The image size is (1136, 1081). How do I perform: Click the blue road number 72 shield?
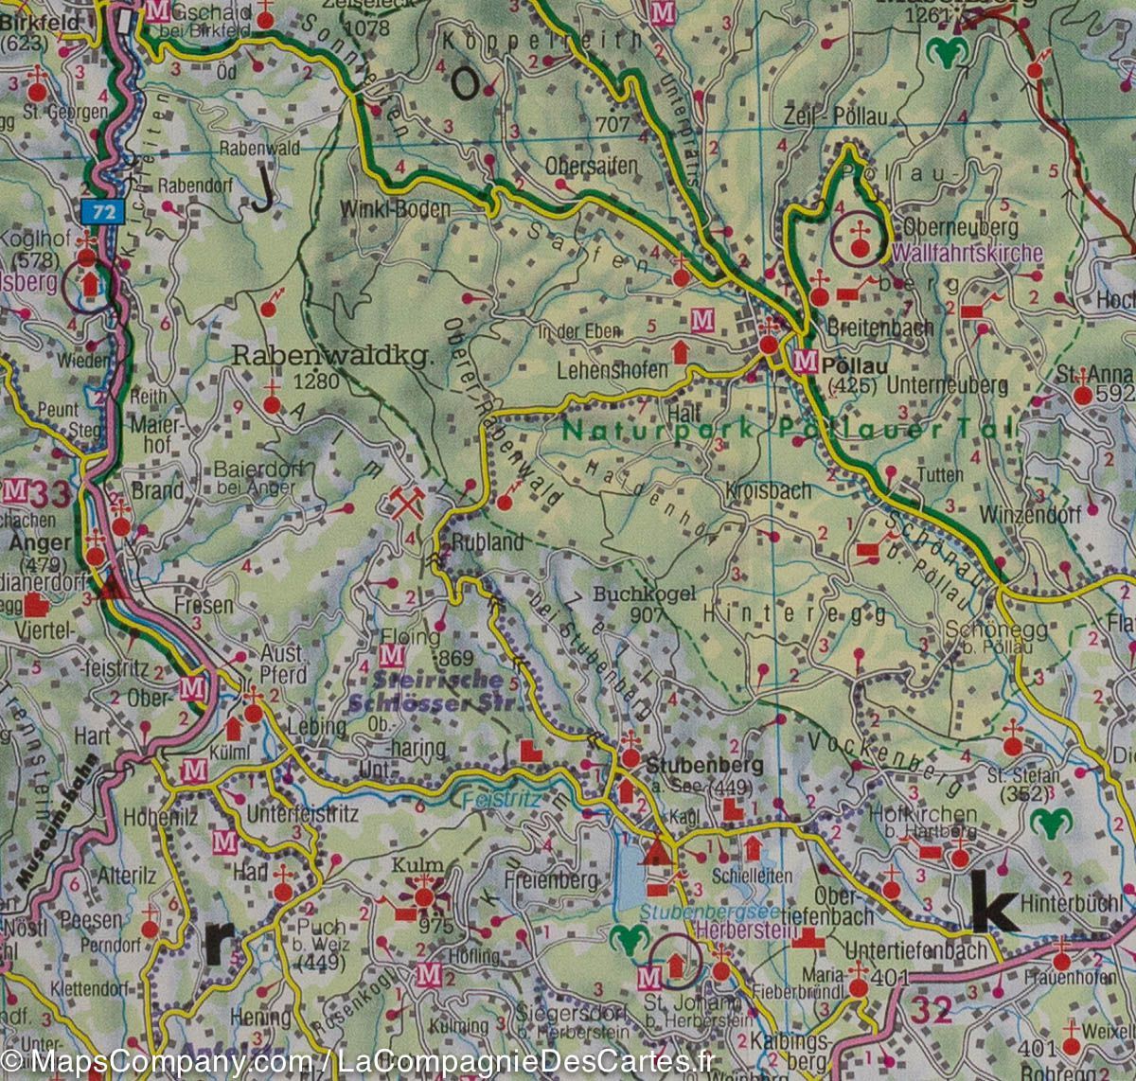pos(104,212)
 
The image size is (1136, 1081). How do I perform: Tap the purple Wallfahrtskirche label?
pos(967,254)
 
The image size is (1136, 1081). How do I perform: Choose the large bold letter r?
pos(218,940)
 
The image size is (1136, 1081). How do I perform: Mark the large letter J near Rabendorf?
pos(266,192)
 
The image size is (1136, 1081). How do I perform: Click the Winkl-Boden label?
pos(396,209)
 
